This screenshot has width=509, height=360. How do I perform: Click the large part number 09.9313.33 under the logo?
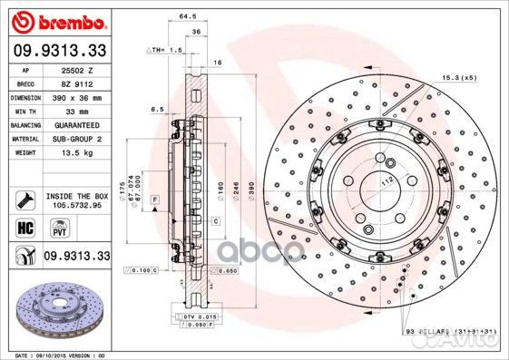[x=58, y=51]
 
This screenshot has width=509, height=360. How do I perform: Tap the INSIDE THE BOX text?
[x=76, y=195]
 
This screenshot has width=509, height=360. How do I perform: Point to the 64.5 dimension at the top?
[x=190, y=15]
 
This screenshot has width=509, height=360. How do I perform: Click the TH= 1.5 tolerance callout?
[x=165, y=51]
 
